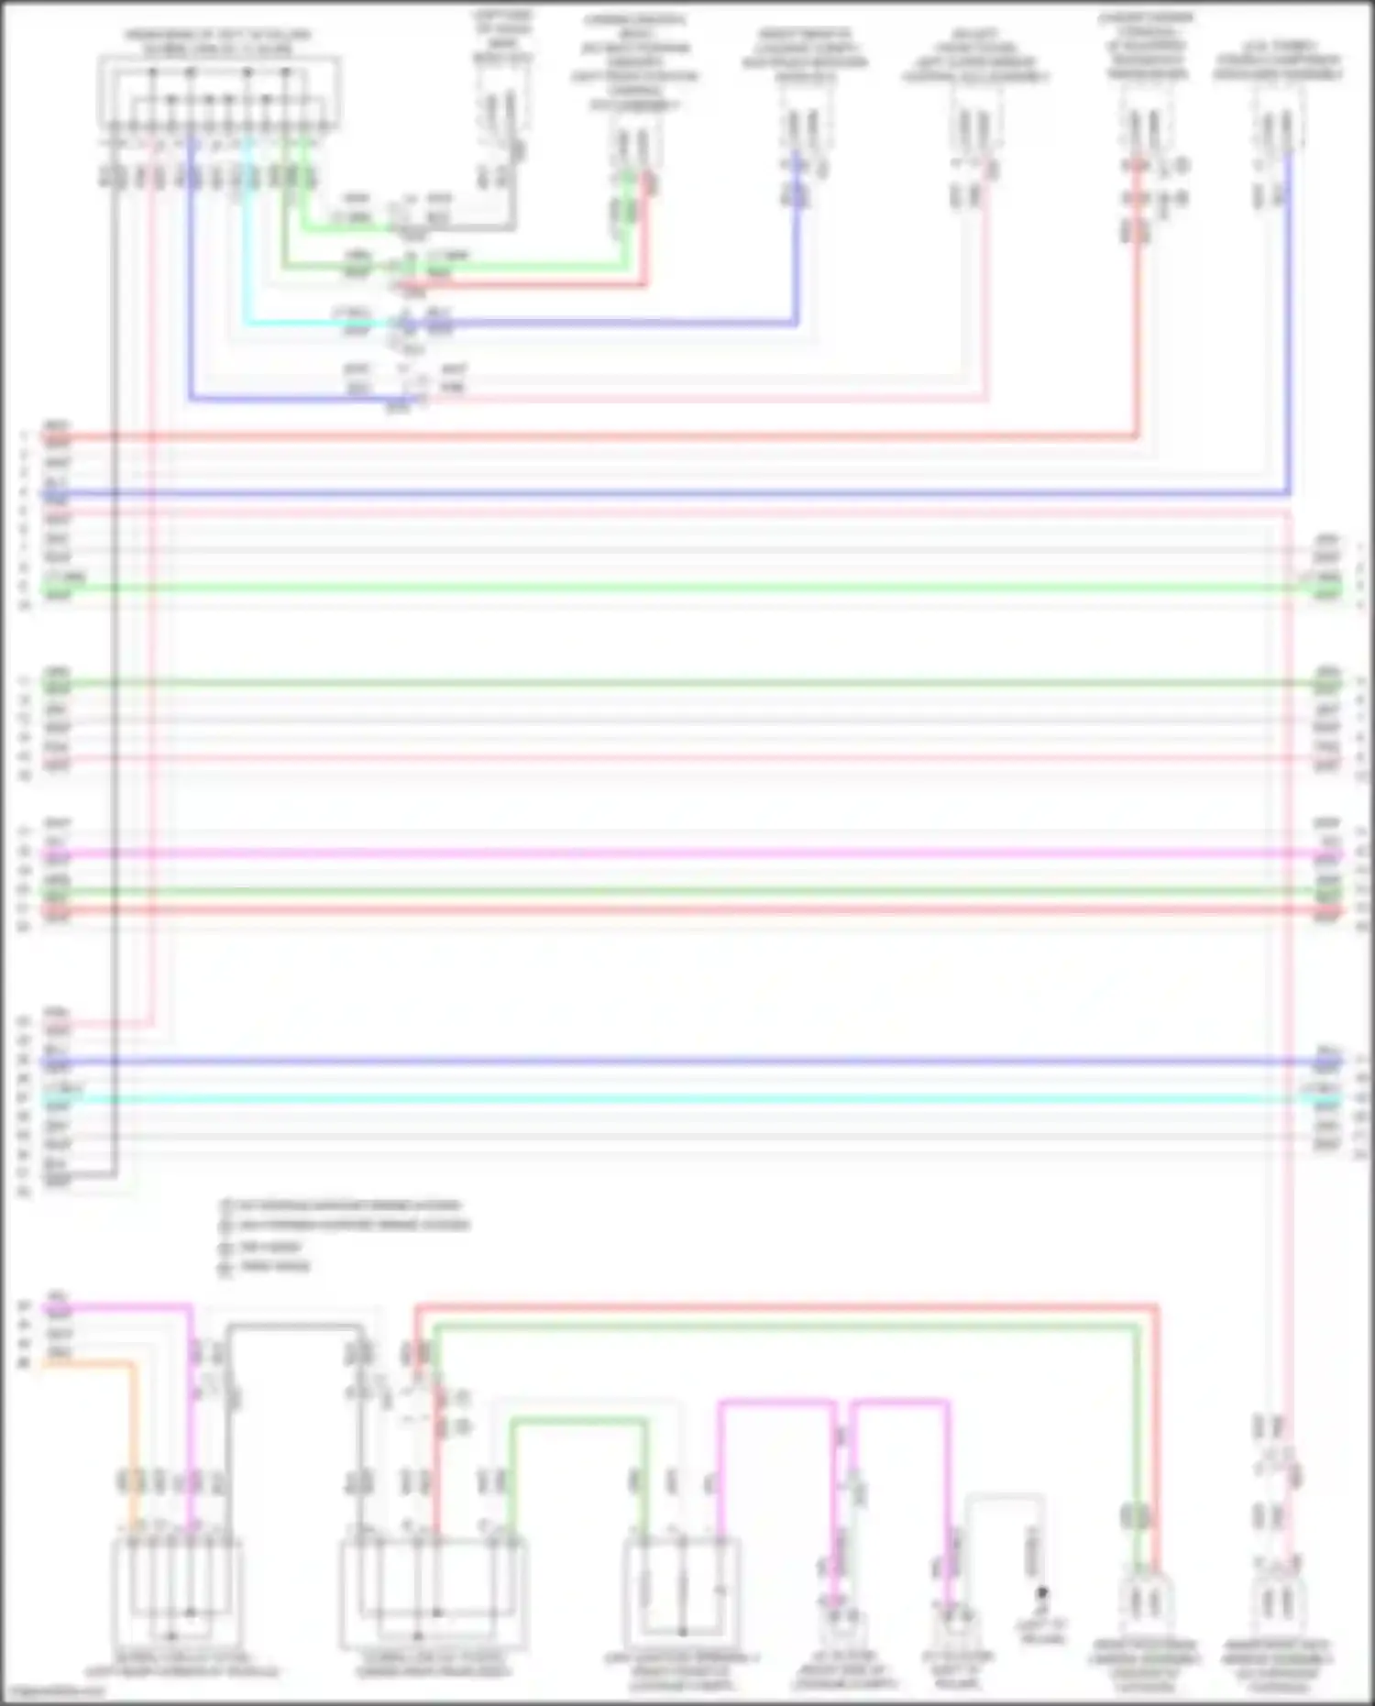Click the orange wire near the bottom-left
134,1430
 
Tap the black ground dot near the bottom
1041,1592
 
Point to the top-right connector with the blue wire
1278,128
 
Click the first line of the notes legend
348,1205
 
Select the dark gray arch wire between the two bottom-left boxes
293,1326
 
